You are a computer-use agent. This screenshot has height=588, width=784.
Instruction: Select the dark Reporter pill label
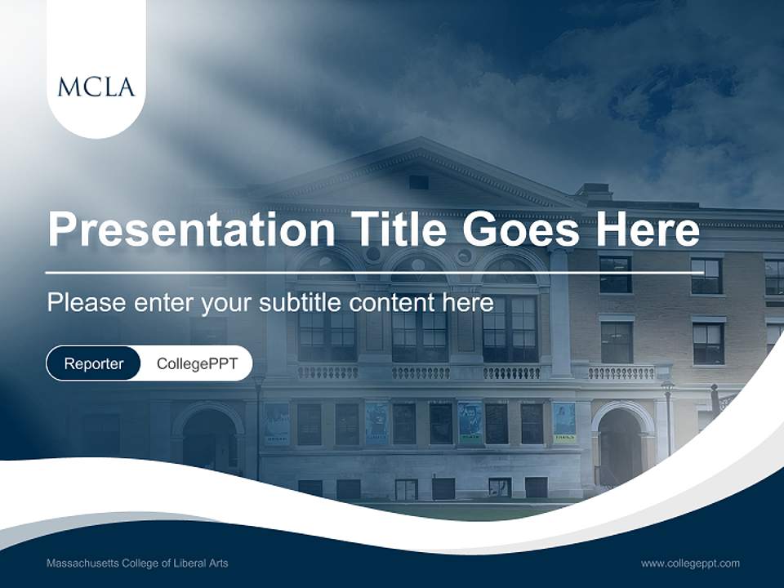94,363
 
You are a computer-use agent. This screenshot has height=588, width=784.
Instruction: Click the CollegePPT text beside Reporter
197,363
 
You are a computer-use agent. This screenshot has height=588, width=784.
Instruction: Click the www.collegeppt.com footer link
690,563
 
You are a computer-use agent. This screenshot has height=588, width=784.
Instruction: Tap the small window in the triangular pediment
419,182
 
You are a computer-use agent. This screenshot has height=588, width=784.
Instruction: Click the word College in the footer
141,563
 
